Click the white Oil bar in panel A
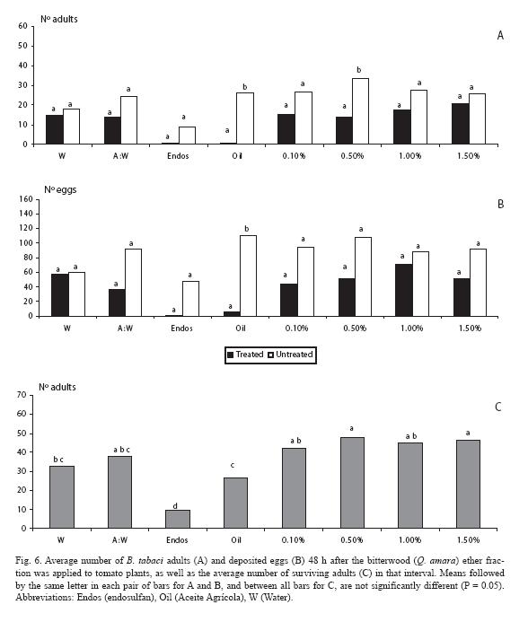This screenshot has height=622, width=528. tap(245, 118)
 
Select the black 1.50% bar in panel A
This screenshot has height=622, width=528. tap(460, 123)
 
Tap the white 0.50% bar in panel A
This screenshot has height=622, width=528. tap(360, 111)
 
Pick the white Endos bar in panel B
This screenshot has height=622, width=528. tap(190, 298)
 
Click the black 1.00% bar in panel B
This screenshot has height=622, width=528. tap(404, 290)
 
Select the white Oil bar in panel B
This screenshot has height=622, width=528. tap(248, 276)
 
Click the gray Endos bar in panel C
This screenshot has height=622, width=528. tap(178, 519)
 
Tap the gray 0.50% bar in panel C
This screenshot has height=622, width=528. tap(352, 483)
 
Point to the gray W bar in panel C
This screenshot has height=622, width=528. tap(62, 497)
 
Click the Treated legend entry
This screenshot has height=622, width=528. tap(245, 355)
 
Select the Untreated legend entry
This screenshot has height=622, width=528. tap(291, 355)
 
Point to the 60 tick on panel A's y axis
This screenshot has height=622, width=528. tap(22, 26)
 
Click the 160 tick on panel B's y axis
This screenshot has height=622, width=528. tap(26, 199)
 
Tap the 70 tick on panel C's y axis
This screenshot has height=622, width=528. tap(22, 395)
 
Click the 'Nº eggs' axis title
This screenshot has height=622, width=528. tap(60, 189)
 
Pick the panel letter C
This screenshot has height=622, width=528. tap(498, 407)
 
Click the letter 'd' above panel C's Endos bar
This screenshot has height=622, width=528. tap(175, 506)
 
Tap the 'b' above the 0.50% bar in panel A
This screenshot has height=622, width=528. tap(359, 70)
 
